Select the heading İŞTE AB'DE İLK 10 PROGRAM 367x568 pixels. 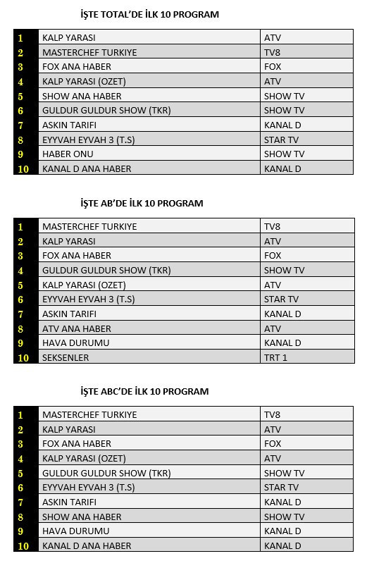[x=142, y=203]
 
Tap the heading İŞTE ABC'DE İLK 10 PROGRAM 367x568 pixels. [x=144, y=391]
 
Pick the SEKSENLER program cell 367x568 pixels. [x=66, y=357]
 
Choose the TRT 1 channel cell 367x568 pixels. [x=276, y=357]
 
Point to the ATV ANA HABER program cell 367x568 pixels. [x=77, y=328]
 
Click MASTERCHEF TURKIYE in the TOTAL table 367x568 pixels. [x=89, y=52]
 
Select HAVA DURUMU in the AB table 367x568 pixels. [x=75, y=342]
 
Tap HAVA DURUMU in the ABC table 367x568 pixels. [x=75, y=531]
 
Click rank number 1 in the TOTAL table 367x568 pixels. [x=21, y=38]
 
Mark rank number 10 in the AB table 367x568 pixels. [x=23, y=358]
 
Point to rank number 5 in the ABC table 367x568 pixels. [x=21, y=473]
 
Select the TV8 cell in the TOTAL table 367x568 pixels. [x=272, y=52]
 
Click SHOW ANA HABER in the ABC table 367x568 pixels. [x=82, y=517]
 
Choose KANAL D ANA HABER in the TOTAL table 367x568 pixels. [x=87, y=168]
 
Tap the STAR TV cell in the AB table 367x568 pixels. [x=281, y=299]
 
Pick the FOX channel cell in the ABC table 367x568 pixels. [x=273, y=444]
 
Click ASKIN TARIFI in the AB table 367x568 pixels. [x=69, y=314]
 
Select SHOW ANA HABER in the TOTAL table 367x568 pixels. [x=82, y=96]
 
